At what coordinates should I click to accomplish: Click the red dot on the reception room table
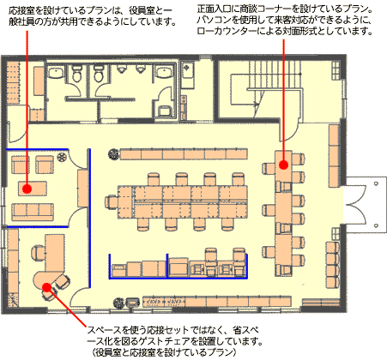click(27, 189)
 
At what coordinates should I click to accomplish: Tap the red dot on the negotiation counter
click(283, 165)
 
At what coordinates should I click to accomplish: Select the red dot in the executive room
click(46, 287)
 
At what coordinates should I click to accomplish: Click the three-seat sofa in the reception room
click(33, 212)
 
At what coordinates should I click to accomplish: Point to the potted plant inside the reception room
click(61, 157)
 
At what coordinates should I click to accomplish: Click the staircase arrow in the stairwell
click(256, 105)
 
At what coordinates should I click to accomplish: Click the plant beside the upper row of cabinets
click(113, 154)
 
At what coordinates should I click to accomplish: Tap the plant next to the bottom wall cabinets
click(118, 303)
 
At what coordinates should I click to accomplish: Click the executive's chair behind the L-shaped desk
click(38, 253)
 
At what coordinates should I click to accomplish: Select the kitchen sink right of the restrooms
click(188, 69)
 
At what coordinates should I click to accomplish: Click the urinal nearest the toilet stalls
click(122, 69)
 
